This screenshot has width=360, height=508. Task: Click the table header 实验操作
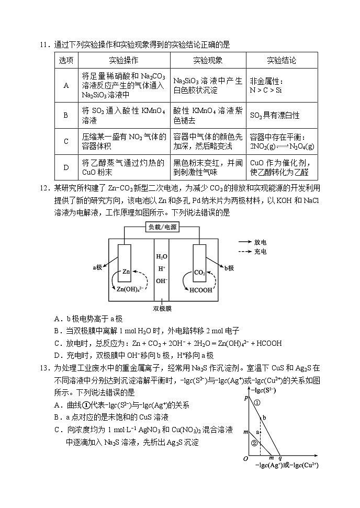coord(123,60)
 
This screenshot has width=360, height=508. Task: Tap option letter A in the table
coord(66,85)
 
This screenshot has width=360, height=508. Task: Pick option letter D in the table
coord(66,167)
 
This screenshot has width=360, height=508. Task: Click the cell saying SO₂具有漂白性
coord(275,115)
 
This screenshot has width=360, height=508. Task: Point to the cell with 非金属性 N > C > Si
coord(266,86)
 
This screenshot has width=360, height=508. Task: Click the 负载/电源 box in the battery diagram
coord(163,228)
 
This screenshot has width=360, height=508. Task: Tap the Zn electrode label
coord(127,272)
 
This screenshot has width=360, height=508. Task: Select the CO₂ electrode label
coord(200,273)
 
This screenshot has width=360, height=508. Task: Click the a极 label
coord(98,267)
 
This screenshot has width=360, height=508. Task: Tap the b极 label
coord(229,268)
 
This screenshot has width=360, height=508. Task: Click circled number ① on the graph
coord(257,403)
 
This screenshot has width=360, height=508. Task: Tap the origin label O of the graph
coord(245,459)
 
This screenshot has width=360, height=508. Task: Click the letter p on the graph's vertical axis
coord(246,398)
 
